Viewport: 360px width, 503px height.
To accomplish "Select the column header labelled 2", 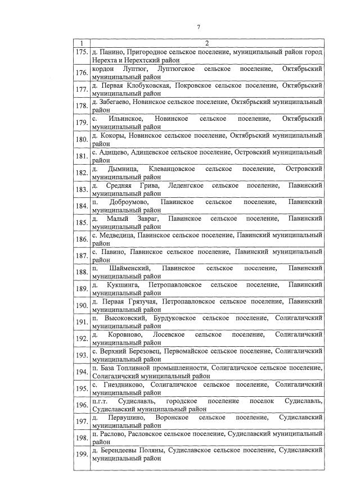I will [x=206, y=44].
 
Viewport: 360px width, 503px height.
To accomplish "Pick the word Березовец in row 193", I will [x=143, y=351].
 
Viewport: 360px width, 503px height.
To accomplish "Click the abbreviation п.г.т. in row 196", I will [x=101, y=401].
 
